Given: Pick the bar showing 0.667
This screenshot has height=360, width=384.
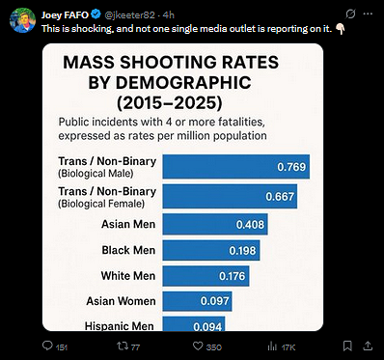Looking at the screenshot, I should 229,196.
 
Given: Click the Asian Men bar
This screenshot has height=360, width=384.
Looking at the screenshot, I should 214,224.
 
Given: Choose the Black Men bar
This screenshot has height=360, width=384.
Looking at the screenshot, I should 210,251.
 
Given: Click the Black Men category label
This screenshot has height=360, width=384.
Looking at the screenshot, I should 128,251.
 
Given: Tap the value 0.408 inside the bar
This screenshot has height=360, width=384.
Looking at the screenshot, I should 249,224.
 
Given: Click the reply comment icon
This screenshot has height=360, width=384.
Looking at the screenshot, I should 48,346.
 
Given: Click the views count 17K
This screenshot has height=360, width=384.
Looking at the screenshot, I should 287,346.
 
